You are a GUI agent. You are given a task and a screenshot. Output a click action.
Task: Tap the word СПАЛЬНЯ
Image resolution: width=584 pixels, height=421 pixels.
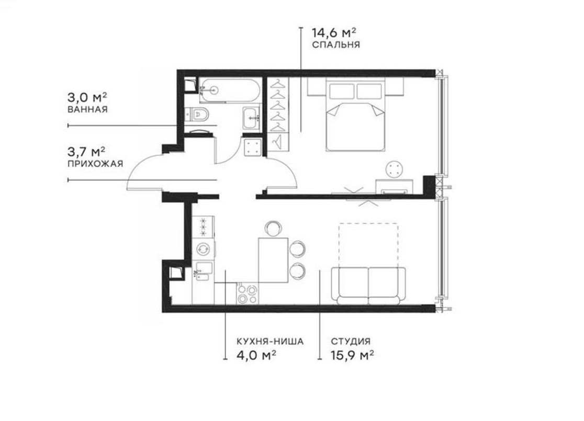tap(335, 45)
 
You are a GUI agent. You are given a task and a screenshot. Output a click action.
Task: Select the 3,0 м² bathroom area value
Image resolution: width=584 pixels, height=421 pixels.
tap(87, 98)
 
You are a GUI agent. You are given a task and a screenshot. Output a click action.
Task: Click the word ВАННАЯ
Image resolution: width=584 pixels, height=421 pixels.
tap(87, 110)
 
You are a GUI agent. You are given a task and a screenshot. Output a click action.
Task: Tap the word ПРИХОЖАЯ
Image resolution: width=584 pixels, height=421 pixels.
tap(95, 164)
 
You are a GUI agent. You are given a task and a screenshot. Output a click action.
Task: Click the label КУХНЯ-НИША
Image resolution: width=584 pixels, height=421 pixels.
tap(270, 342)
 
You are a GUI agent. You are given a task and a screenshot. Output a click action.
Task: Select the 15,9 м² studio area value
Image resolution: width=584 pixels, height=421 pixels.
tap(352, 355)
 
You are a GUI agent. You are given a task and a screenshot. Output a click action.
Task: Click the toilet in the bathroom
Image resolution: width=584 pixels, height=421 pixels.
tap(199, 113)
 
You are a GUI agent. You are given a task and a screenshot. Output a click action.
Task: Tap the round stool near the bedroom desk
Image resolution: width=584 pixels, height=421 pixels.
tap(395, 169)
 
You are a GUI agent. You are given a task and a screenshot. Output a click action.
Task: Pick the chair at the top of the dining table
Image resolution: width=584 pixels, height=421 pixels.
tap(273, 228)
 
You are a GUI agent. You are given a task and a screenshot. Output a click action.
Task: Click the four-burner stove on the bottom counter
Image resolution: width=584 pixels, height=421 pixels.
tap(247, 294)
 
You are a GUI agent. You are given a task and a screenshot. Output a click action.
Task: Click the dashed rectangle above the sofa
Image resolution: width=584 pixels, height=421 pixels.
tap(367, 245)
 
